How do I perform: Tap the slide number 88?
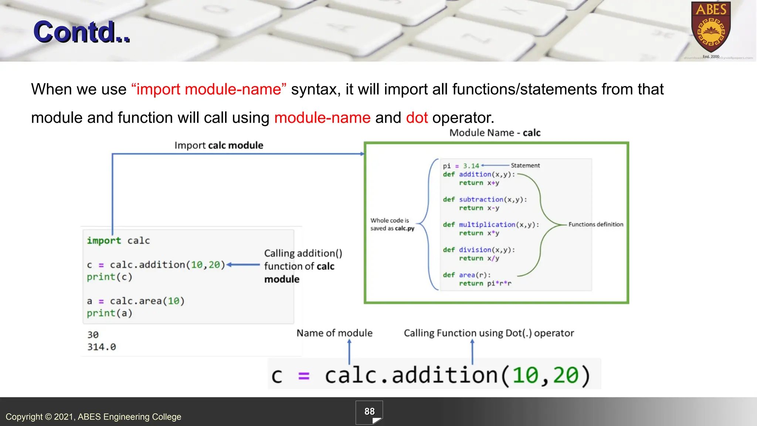pyautogui.click(x=369, y=412)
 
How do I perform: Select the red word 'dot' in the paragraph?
pyautogui.click(x=417, y=118)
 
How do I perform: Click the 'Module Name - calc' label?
pyautogui.click(x=495, y=133)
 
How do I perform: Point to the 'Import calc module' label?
pyautogui.click(x=219, y=145)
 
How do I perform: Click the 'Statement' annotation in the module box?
pyautogui.click(x=525, y=166)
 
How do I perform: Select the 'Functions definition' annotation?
pyautogui.click(x=595, y=224)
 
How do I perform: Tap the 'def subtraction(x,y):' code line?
pyautogui.click(x=485, y=200)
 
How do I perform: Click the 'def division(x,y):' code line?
pyautogui.click(x=479, y=250)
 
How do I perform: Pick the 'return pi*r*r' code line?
pyautogui.click(x=485, y=284)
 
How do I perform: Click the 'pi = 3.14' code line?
pyautogui.click(x=461, y=166)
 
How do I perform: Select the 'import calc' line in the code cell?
pyautogui.click(x=118, y=241)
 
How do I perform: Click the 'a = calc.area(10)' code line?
pyautogui.click(x=135, y=301)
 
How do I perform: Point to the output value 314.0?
pyautogui.click(x=102, y=347)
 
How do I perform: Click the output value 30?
pyautogui.click(x=93, y=335)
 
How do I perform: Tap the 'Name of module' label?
pyautogui.click(x=335, y=333)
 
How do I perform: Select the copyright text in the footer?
pyautogui.click(x=94, y=417)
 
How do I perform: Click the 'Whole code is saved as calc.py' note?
pyautogui.click(x=392, y=224)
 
